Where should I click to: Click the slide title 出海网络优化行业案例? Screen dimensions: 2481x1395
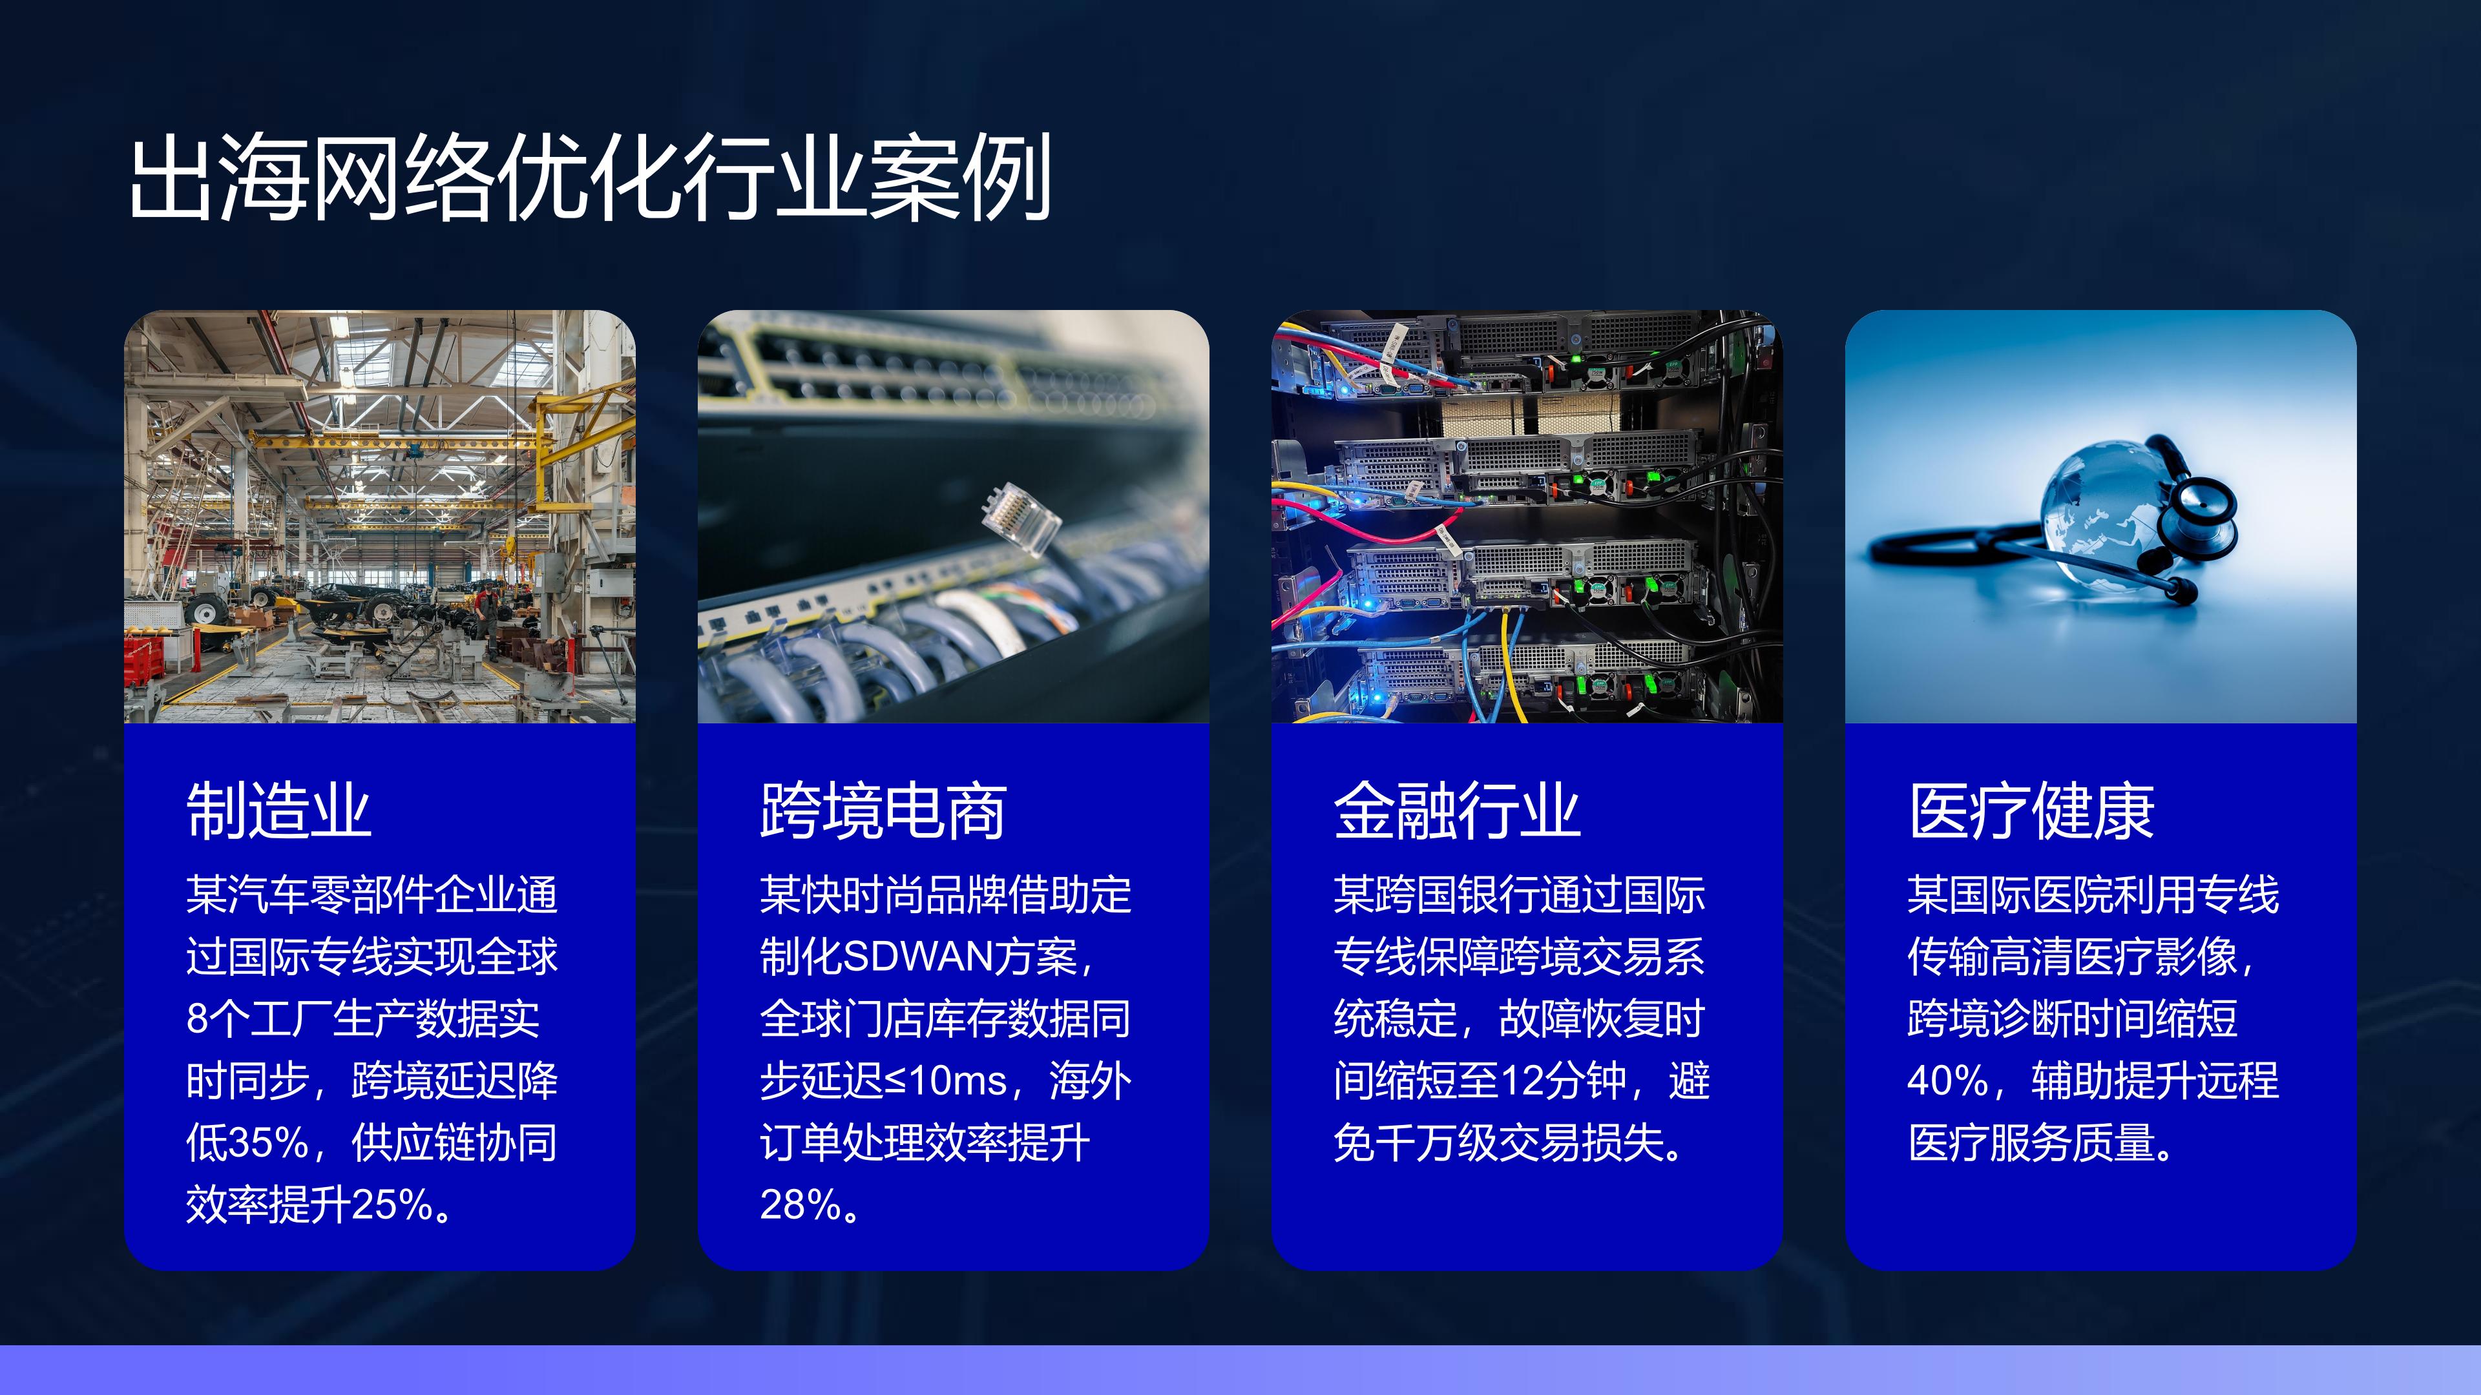[589, 178]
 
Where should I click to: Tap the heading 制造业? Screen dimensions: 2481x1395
[278, 811]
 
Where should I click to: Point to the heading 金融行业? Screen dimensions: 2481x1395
[1456, 811]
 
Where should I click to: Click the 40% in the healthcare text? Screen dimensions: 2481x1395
[1947, 1081]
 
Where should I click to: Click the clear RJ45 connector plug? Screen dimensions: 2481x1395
[1019, 519]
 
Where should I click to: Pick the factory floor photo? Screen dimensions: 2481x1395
[379, 516]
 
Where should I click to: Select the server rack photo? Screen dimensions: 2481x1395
[1527, 516]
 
